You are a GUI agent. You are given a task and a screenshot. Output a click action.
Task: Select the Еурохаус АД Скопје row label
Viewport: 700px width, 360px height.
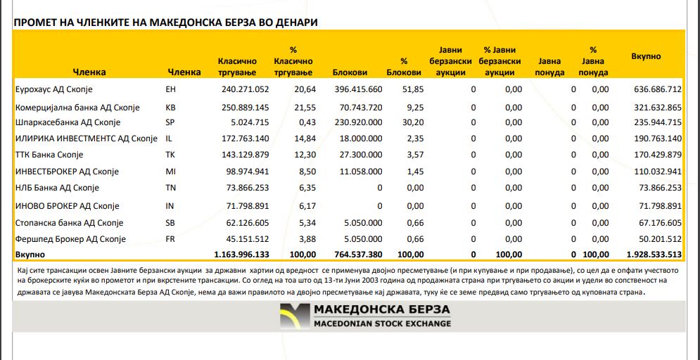point(53,89)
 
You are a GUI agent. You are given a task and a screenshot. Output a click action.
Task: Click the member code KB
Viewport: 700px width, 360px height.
point(170,108)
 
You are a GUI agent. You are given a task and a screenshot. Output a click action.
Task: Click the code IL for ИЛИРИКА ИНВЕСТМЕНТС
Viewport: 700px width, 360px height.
point(169,139)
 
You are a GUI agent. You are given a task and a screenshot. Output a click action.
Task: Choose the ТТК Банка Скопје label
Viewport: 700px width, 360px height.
point(49,155)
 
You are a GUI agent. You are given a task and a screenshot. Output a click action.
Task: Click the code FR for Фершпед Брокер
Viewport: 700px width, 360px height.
point(170,239)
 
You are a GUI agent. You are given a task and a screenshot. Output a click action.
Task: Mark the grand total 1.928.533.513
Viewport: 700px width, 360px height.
point(654,253)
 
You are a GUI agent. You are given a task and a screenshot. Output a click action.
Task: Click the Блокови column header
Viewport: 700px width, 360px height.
point(350,72)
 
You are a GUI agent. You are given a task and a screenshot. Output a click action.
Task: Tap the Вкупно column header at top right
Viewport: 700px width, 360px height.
point(646,56)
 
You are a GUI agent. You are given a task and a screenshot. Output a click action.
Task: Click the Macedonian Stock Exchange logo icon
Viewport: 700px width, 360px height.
point(294,316)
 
